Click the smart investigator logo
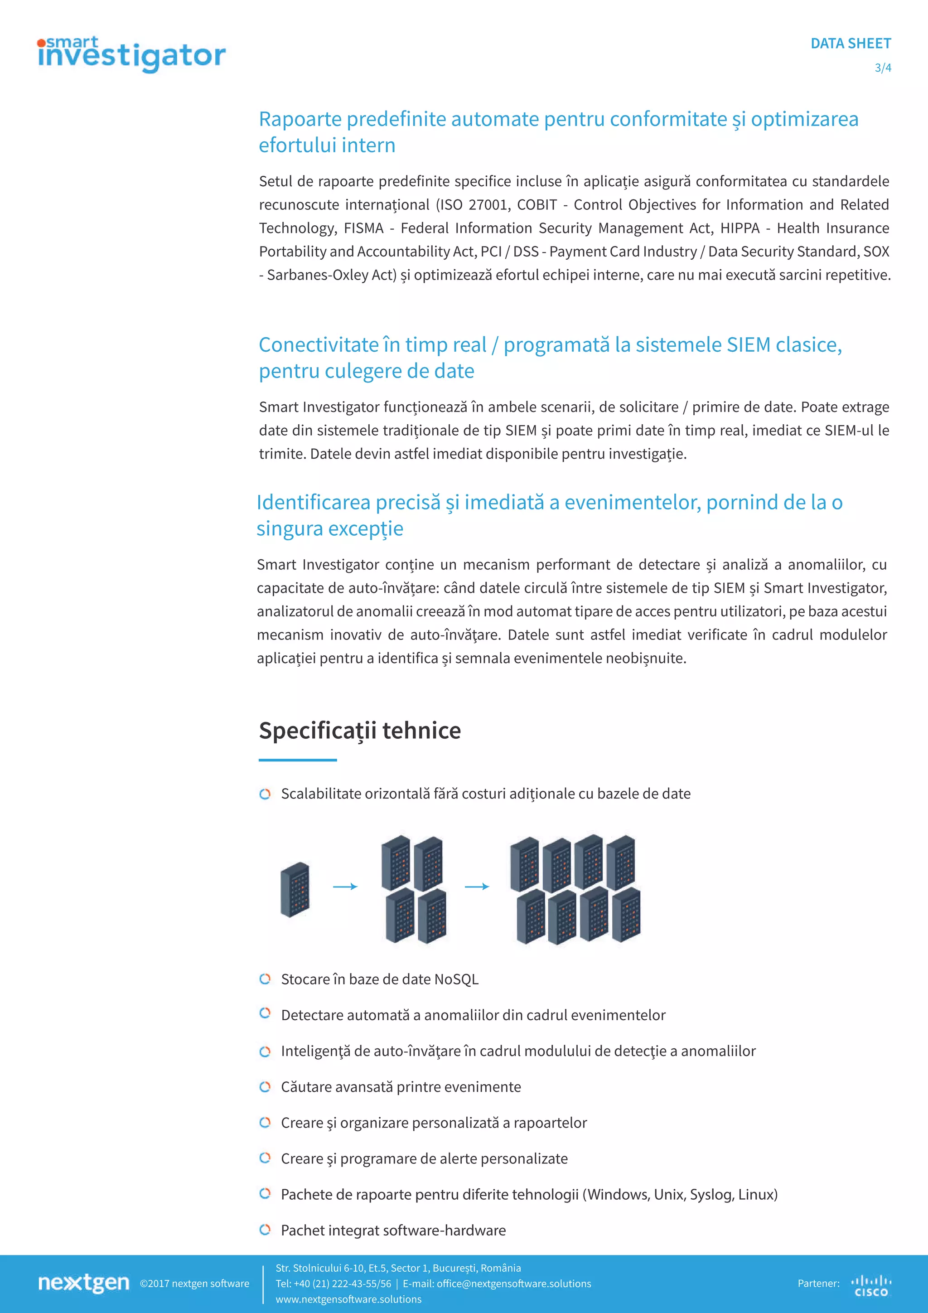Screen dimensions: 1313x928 [131, 54]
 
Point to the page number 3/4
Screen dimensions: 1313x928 [882, 68]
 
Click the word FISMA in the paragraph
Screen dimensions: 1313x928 [363, 228]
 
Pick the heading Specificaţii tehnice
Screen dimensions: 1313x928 [360, 730]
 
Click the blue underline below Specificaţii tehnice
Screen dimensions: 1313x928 [297, 760]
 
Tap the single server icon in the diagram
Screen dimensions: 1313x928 [295, 889]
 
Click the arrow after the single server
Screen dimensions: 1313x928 [345, 887]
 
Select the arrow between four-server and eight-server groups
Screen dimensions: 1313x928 [477, 887]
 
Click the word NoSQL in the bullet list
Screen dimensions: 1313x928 [456, 979]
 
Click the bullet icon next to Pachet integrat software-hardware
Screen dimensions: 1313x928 [265, 1230]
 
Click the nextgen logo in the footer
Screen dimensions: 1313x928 [83, 1283]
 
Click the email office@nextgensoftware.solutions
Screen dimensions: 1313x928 [513, 1283]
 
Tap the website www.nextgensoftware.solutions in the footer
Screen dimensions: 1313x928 [348, 1298]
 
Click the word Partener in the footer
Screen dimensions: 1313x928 [817, 1283]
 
